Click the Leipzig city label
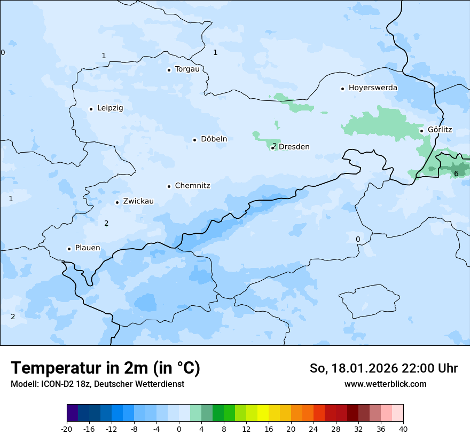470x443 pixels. (110, 108)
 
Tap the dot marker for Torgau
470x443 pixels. (169, 70)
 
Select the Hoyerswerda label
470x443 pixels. (373, 88)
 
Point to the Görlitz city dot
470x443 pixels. (421, 131)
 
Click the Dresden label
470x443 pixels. (294, 147)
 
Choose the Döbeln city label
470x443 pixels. (214, 139)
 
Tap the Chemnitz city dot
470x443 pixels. (169, 186)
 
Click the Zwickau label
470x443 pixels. (138, 201)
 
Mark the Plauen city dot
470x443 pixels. (69, 249)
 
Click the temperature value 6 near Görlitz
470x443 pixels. (456, 173)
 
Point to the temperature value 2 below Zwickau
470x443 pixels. (106, 223)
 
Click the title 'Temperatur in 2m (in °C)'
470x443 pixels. (105, 368)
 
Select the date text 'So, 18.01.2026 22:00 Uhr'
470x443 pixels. (383, 368)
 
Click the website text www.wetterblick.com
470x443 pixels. (385, 384)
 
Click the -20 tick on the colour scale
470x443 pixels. (67, 429)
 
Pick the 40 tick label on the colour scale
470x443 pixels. (403, 429)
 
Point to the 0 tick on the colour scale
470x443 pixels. (179, 429)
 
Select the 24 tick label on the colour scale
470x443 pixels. (314, 429)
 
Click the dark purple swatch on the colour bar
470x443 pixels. (73, 413)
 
